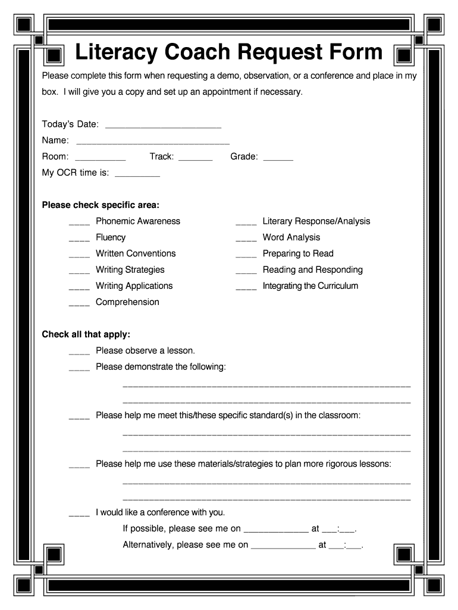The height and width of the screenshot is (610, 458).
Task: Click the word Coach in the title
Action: click(x=197, y=52)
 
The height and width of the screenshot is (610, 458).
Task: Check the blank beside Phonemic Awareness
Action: click(x=79, y=223)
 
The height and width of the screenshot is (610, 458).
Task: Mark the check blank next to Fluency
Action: click(x=79, y=239)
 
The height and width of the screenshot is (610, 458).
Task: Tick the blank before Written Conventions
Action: click(x=79, y=256)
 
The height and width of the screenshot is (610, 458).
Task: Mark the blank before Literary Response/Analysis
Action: click(x=246, y=223)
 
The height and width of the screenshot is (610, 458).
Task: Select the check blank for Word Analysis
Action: click(x=246, y=239)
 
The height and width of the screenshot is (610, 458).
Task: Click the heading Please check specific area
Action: click(x=101, y=206)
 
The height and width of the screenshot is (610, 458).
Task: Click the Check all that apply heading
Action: click(x=86, y=335)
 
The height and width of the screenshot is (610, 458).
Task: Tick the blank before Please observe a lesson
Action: click(x=79, y=353)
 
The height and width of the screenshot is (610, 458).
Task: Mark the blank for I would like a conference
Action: click(x=79, y=514)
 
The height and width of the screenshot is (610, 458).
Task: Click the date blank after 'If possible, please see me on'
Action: click(x=276, y=530)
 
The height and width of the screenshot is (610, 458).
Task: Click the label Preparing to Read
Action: click(x=298, y=254)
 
